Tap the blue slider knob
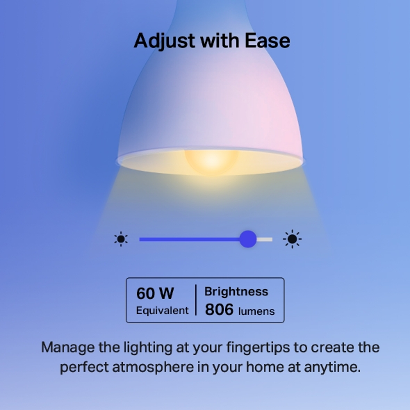coord(248,239)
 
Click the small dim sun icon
coord(122,240)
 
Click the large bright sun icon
coord(292,240)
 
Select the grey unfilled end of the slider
coord(265,239)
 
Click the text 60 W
coord(155,293)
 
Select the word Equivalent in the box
coord(163,311)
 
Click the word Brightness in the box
coord(236,292)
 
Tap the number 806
coord(219,310)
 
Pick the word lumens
coord(256,311)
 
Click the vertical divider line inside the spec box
coord(196,301)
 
